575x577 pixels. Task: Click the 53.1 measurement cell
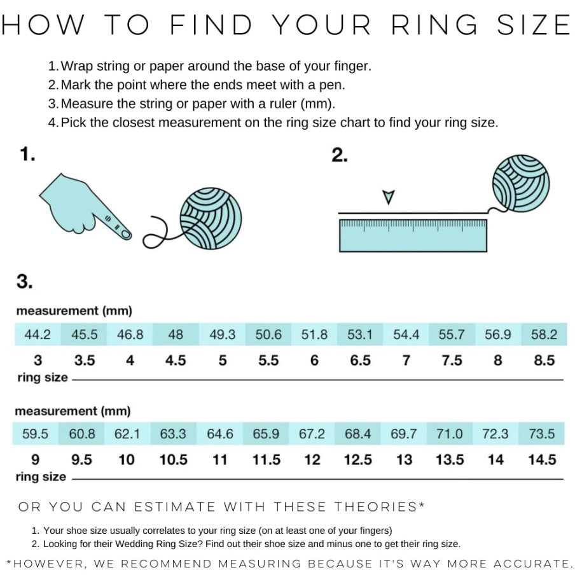pyautogui.click(x=360, y=334)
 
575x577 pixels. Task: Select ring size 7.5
pyautogui.click(x=452, y=360)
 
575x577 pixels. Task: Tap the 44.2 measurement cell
pyautogui.click(x=38, y=334)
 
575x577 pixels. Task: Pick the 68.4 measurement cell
pyautogui.click(x=357, y=433)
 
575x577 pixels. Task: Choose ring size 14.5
pyautogui.click(x=542, y=459)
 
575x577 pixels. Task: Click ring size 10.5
pyautogui.click(x=173, y=459)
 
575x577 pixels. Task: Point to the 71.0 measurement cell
pyautogui.click(x=450, y=433)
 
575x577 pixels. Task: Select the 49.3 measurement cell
pyautogui.click(x=222, y=334)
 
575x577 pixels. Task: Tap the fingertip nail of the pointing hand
pyautogui.click(x=125, y=234)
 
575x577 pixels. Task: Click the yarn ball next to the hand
pyautogui.click(x=211, y=219)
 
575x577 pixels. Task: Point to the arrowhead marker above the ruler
pyautogui.click(x=389, y=197)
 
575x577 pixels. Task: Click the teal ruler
pyautogui.click(x=413, y=235)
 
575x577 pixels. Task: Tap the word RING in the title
pyautogui.click(x=434, y=25)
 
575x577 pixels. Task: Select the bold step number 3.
pyautogui.click(x=24, y=281)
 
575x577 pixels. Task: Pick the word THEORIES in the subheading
pyautogui.click(x=375, y=507)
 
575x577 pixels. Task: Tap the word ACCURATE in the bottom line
pyautogui.click(x=531, y=564)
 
